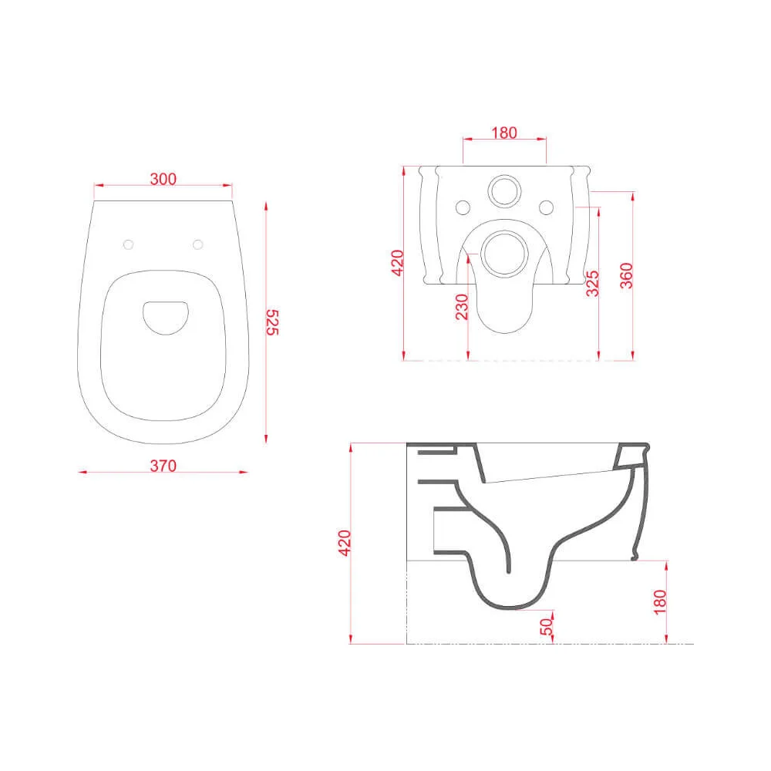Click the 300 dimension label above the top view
[163, 179]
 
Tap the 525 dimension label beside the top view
[272, 322]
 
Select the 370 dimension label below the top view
[163, 466]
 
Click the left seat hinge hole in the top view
[128, 244]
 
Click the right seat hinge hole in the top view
[197, 244]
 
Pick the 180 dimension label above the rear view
[504, 133]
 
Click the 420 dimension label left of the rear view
[397, 263]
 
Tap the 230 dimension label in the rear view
[462, 307]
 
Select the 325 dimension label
[592, 283]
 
